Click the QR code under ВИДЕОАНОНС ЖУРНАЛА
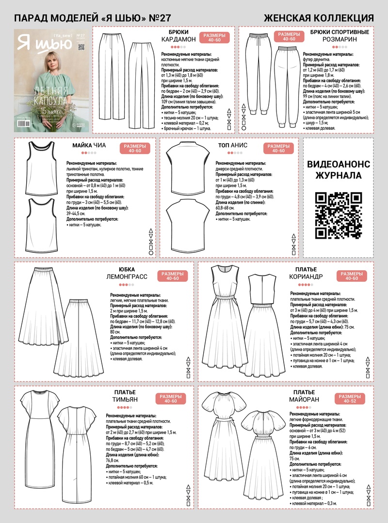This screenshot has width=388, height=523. point(339,215)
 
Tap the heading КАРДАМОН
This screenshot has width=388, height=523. point(178,39)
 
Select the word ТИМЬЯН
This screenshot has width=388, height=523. point(126,400)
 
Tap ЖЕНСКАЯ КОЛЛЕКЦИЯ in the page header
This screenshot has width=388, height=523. point(319,18)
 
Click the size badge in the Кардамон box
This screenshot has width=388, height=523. point(214,38)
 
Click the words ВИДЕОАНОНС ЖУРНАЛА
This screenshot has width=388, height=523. point(339,169)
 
